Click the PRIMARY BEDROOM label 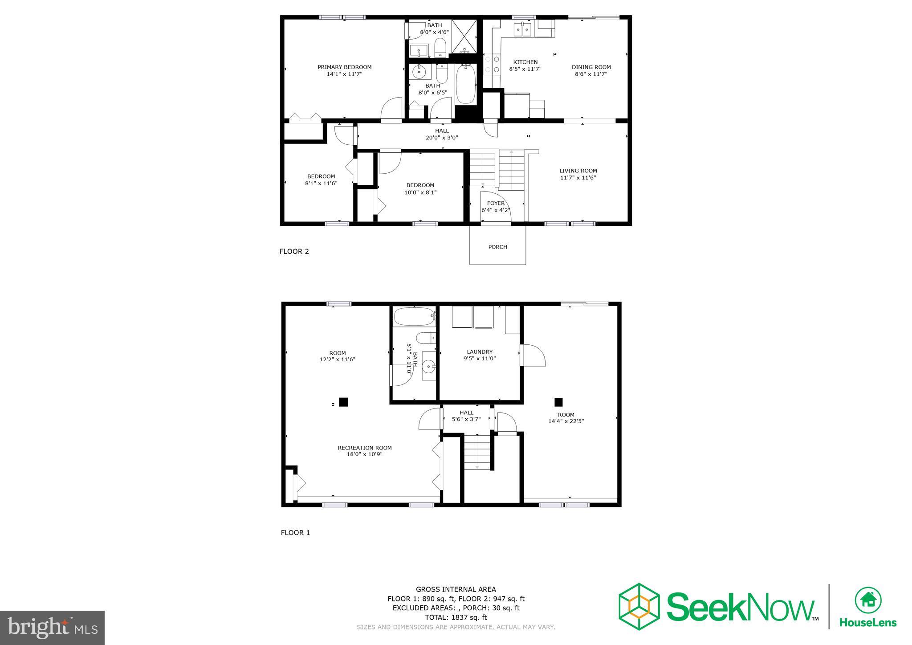pyautogui.click(x=344, y=67)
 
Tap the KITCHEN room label pyautogui.click(x=525, y=62)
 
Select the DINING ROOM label pyautogui.click(x=591, y=67)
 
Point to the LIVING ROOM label pyautogui.click(x=578, y=171)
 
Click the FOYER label pyautogui.click(x=496, y=204)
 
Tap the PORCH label pyautogui.click(x=497, y=247)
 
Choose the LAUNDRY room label pyautogui.click(x=480, y=351)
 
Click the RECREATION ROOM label pyautogui.click(x=365, y=448)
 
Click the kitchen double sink pyautogui.click(x=523, y=29)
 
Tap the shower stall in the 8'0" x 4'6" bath pyautogui.click(x=464, y=37)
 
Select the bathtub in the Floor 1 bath pyautogui.click(x=414, y=317)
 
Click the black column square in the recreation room pyautogui.click(x=343, y=402)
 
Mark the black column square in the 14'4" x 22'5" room pyautogui.click(x=558, y=402)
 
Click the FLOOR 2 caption pyautogui.click(x=294, y=251)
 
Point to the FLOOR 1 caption pyautogui.click(x=295, y=533)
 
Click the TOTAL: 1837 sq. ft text pyautogui.click(x=456, y=617)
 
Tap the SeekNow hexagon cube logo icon pyautogui.click(x=639, y=606)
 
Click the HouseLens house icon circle pyautogui.click(x=868, y=600)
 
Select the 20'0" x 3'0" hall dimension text pyautogui.click(x=442, y=138)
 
